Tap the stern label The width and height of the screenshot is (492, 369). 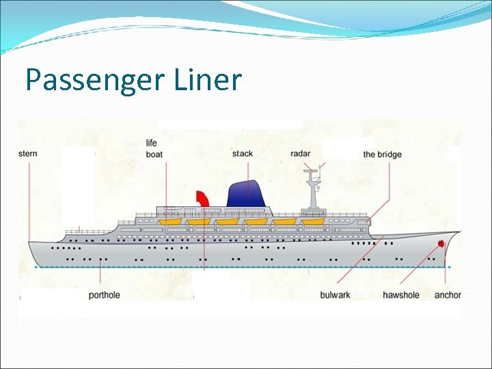point(28,154)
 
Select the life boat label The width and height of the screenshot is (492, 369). point(154,149)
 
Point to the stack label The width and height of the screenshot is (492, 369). point(243,154)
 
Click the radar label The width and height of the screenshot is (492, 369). point(300,154)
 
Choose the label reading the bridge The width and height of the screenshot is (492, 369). point(382,154)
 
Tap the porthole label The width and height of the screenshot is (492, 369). point(104,295)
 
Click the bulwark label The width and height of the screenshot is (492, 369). point(335,295)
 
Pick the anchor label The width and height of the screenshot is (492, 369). point(448,295)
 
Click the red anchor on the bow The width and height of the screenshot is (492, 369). point(441,243)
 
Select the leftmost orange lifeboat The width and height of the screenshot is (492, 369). point(169,221)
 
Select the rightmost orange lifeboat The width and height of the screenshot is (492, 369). point(313,221)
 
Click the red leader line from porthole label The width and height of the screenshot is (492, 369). point(101,277)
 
